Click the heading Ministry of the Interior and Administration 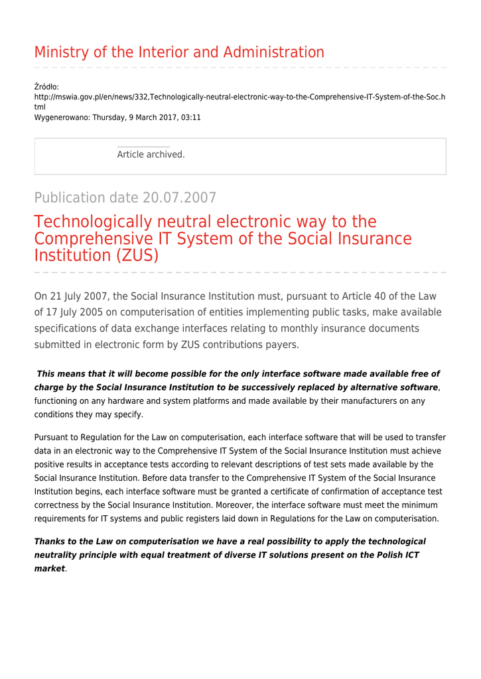179,52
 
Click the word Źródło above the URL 46,87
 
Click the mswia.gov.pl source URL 240,97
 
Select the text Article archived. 151,154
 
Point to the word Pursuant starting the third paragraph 53,438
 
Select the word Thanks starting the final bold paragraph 49,542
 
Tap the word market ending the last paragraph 50,568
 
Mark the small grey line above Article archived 143,147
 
